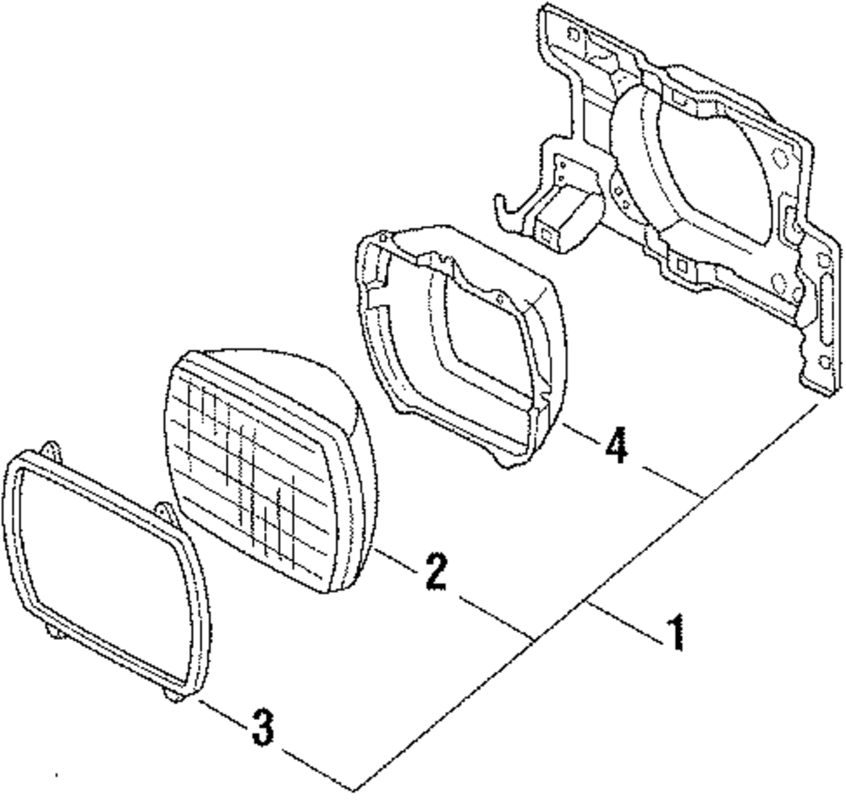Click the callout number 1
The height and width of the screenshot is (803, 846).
click(x=675, y=633)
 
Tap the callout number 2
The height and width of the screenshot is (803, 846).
click(x=435, y=573)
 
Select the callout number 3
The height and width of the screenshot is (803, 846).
click(x=263, y=727)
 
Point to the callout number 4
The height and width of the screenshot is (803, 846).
click(x=617, y=446)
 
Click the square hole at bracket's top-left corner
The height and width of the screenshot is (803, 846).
click(x=574, y=35)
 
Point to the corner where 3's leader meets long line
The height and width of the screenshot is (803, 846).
click(x=354, y=790)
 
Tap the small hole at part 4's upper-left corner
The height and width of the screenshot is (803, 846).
click(x=381, y=245)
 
